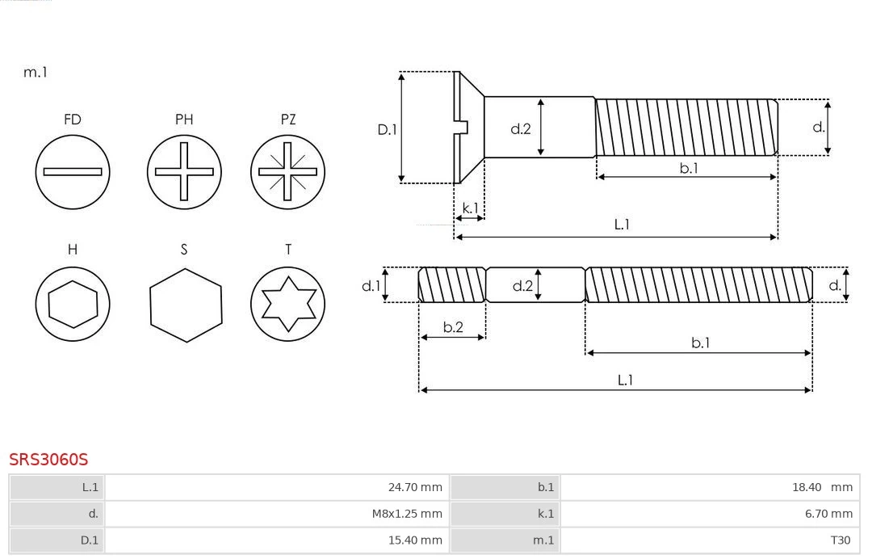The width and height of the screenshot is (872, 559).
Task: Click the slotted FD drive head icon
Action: point(73,171)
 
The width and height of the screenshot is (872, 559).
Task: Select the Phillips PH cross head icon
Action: point(184,171)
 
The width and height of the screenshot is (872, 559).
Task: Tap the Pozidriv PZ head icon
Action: point(287,171)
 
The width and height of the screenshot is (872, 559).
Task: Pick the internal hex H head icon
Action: point(73,304)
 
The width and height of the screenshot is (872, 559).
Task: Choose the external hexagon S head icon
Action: point(185,304)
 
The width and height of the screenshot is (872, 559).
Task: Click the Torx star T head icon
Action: point(287,304)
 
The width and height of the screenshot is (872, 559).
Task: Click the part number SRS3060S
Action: point(48,460)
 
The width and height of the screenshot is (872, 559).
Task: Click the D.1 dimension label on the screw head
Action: point(388,128)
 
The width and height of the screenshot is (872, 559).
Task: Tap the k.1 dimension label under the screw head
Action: point(469,208)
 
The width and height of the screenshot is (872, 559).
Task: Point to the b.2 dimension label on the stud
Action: point(453,327)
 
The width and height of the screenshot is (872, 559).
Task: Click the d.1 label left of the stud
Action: point(371,285)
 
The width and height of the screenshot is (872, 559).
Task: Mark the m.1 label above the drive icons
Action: point(36,72)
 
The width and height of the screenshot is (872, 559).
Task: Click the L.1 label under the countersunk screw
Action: point(622,225)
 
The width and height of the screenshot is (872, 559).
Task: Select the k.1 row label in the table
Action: point(546,513)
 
